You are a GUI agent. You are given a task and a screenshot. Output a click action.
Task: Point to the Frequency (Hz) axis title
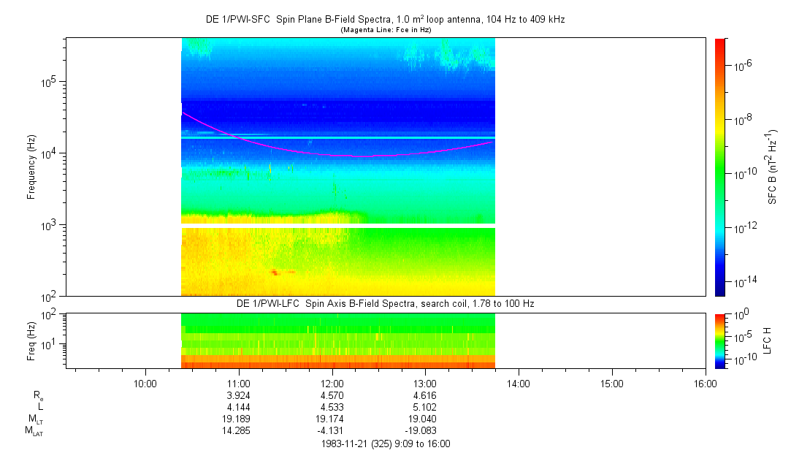[x=31, y=167]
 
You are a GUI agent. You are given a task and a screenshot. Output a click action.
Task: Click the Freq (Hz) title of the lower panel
[x=31, y=341]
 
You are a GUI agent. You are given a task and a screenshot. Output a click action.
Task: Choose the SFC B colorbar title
[x=773, y=167]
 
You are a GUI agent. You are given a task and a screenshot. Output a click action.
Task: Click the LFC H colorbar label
[x=768, y=341]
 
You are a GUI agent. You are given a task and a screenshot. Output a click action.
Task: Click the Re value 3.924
[x=239, y=395]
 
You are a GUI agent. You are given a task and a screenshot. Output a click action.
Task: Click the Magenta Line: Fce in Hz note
[x=385, y=29]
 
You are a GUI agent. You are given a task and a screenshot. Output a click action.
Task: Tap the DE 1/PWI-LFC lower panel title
[x=385, y=302]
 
